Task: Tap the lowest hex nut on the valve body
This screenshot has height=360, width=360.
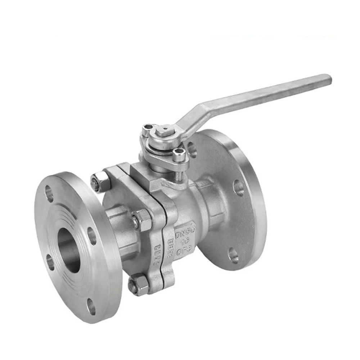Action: tap(139, 284)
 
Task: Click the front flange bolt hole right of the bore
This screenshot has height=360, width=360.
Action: tap(92, 236)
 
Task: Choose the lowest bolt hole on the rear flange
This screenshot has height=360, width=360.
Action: tap(233, 255)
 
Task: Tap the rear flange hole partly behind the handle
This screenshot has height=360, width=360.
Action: tap(192, 149)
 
